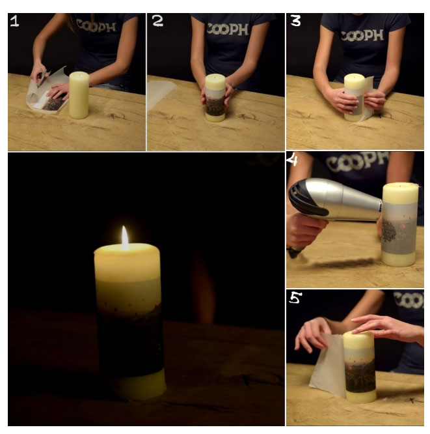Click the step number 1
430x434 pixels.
(14, 22)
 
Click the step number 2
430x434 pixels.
(157, 21)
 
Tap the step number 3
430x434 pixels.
(295, 21)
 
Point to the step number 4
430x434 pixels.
(292, 160)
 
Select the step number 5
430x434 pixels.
(295, 298)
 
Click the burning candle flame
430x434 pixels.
(125, 238)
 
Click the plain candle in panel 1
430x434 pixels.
(79, 95)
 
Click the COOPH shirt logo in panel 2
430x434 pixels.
(228, 29)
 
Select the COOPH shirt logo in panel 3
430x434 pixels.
(362, 36)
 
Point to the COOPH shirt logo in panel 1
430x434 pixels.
(96, 26)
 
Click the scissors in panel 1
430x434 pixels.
(42, 78)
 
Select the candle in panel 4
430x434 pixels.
(399, 224)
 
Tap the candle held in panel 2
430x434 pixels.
(215, 98)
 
